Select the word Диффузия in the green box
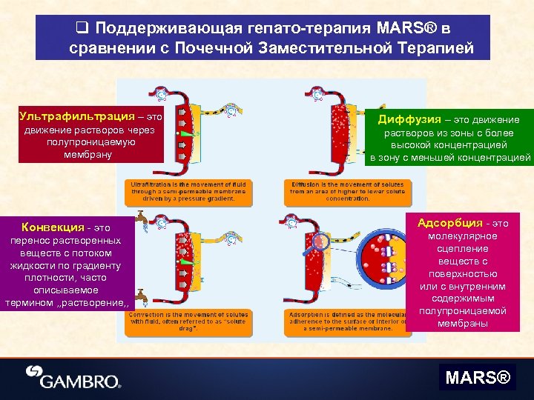(408, 119)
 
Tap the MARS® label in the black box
(478, 378)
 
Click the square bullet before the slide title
(82, 28)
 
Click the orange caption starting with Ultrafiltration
(190, 191)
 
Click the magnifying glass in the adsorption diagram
(321, 241)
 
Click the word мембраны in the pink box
(462, 323)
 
